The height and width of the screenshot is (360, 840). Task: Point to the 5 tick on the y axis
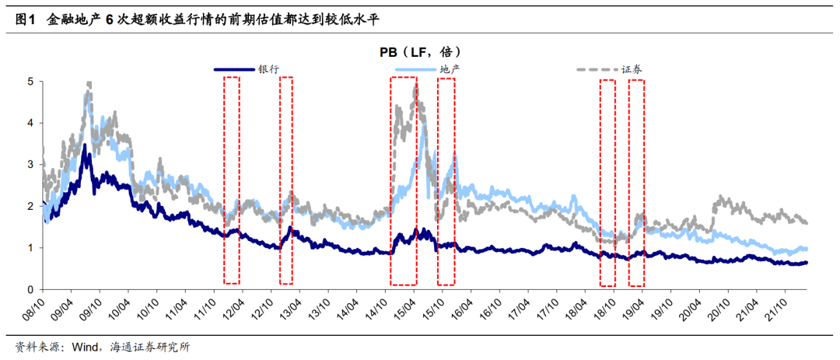pos(30,81)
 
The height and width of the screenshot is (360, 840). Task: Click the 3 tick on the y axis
pos(30,165)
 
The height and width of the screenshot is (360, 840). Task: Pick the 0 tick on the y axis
pos(30,290)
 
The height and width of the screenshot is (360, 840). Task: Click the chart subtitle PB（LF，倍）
pos(421,51)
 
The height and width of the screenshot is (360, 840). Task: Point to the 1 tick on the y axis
pos(30,248)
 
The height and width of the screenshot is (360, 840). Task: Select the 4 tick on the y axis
pos(30,123)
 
